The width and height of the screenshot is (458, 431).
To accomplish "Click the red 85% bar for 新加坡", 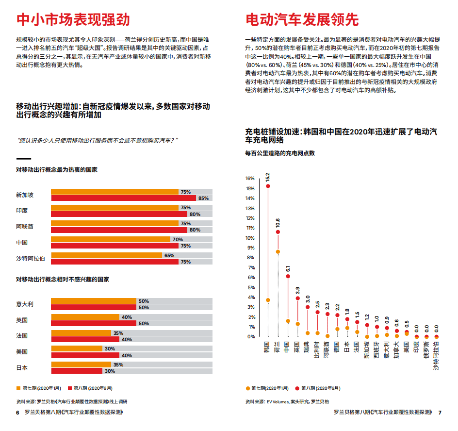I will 124,198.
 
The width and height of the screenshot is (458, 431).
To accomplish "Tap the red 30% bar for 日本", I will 77,371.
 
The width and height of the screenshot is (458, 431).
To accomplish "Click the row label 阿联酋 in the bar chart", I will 25,227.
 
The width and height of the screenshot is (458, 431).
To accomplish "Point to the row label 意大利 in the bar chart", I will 25,304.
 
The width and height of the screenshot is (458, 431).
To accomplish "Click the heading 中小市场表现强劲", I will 73,19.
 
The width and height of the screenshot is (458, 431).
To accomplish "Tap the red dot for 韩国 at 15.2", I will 268,186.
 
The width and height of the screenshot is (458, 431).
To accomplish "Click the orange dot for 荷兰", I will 278,251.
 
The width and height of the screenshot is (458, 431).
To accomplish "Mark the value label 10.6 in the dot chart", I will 278,223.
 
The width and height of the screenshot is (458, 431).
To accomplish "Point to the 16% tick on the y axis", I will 250,178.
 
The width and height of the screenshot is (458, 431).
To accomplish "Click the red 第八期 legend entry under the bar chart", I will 93,388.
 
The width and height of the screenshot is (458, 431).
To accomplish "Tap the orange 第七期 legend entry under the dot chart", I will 267,388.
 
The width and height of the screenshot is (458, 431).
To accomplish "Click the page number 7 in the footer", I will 440,413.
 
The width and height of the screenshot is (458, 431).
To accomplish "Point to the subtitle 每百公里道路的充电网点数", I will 280,153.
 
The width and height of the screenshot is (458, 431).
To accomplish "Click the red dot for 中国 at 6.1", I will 288,277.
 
